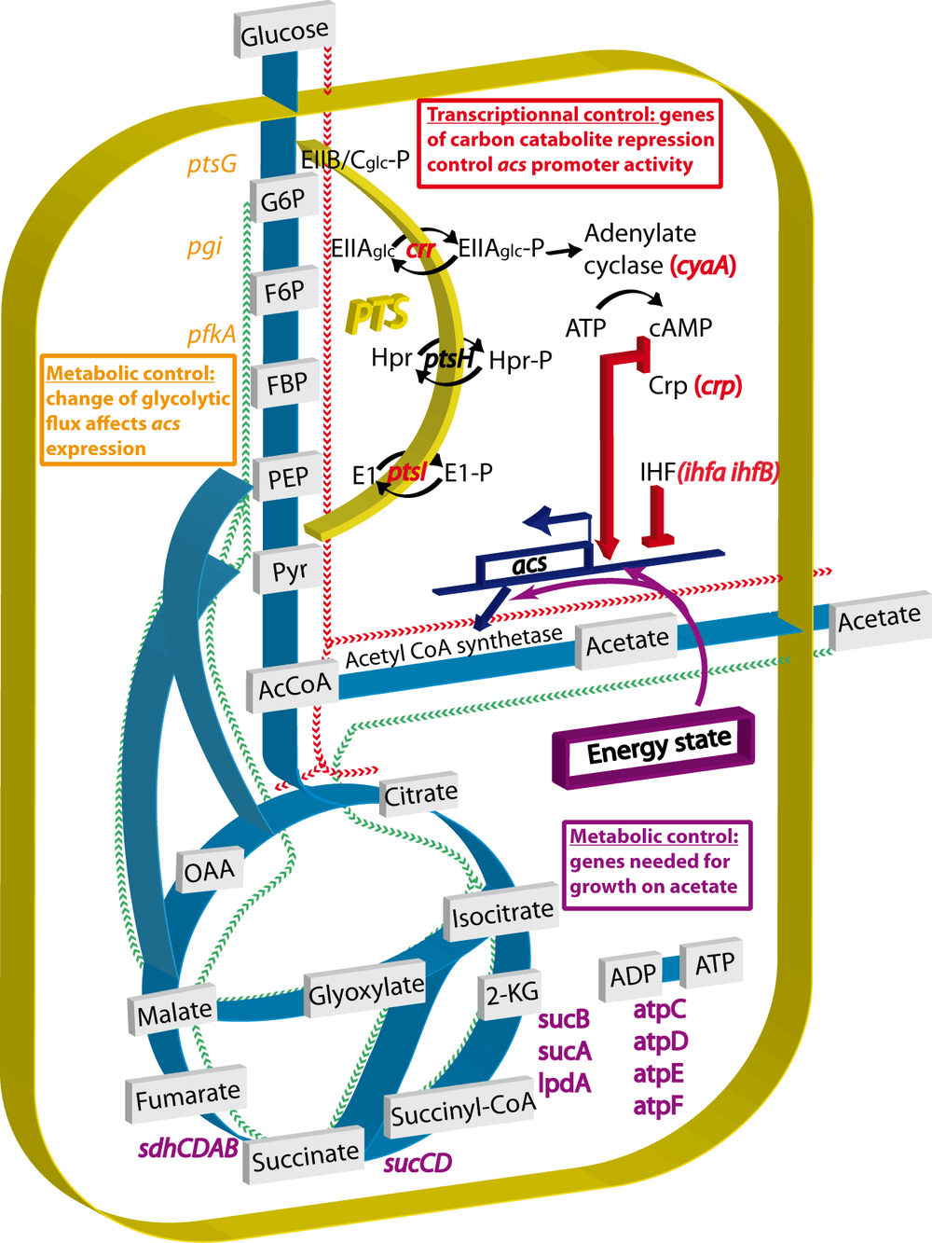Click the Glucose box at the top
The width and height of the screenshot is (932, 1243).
(x=284, y=35)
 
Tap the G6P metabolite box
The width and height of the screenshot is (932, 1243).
(x=282, y=200)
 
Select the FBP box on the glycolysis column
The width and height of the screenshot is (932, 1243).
(x=286, y=384)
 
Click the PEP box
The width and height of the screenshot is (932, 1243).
(x=287, y=478)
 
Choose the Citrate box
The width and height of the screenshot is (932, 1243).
(x=420, y=794)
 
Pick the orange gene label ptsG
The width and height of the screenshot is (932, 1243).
(x=212, y=165)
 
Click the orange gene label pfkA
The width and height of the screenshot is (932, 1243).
(x=211, y=335)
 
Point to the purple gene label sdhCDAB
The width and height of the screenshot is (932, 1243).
(x=188, y=1149)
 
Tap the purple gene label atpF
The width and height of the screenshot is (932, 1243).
(x=658, y=1106)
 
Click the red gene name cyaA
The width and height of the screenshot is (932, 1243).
(x=704, y=266)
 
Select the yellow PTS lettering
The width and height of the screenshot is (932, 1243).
(x=377, y=314)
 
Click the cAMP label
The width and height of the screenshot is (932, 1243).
(x=680, y=328)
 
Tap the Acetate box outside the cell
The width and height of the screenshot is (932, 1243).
(x=879, y=617)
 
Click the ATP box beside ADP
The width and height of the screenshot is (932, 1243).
(x=714, y=963)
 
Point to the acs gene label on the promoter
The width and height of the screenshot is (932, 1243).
(x=529, y=564)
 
